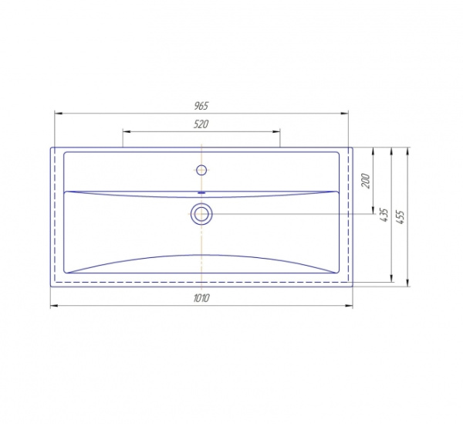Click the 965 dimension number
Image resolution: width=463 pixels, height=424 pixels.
pyautogui.click(x=201, y=106)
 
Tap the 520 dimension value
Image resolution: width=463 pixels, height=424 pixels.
pyautogui.click(x=201, y=124)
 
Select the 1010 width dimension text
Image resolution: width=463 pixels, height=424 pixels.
pyautogui.click(x=201, y=298)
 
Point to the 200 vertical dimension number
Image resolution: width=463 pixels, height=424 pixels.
pyautogui.click(x=365, y=181)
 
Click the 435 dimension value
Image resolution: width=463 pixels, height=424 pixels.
pyautogui.click(x=384, y=215)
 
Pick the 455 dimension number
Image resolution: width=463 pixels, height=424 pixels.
pyautogui.click(x=400, y=217)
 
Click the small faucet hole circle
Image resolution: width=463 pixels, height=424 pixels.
pyautogui.click(x=201, y=170)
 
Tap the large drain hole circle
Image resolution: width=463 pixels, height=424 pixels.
pyautogui.click(x=201, y=214)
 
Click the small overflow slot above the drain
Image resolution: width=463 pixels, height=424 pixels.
pyautogui.click(x=201, y=192)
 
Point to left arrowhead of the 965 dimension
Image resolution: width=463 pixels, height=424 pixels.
pyautogui.click(x=59, y=114)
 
